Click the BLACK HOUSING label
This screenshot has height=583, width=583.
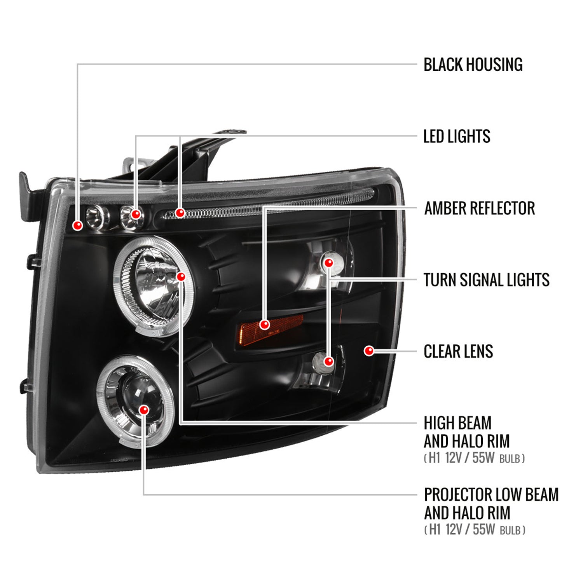[x=473, y=65]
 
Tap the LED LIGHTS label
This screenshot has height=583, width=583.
[x=457, y=136]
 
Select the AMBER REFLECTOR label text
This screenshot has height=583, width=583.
[x=479, y=208]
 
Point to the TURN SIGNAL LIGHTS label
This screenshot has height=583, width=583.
[x=486, y=280]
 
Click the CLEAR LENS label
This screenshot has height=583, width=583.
[x=458, y=351]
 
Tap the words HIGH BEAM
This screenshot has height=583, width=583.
[x=457, y=423]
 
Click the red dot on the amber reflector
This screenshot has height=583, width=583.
[x=265, y=324]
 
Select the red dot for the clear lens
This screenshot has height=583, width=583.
[x=369, y=351]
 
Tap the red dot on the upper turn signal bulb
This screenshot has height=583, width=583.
[x=329, y=263]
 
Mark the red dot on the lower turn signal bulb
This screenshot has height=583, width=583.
[x=329, y=361]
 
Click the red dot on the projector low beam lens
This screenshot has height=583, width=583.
[x=144, y=410]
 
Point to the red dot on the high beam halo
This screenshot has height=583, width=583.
[x=181, y=277]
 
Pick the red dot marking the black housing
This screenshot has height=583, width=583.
[x=78, y=225]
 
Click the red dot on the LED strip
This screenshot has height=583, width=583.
[x=180, y=213]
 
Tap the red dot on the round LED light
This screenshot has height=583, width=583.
[x=136, y=214]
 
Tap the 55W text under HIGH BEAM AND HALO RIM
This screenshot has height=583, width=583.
[x=483, y=458]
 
